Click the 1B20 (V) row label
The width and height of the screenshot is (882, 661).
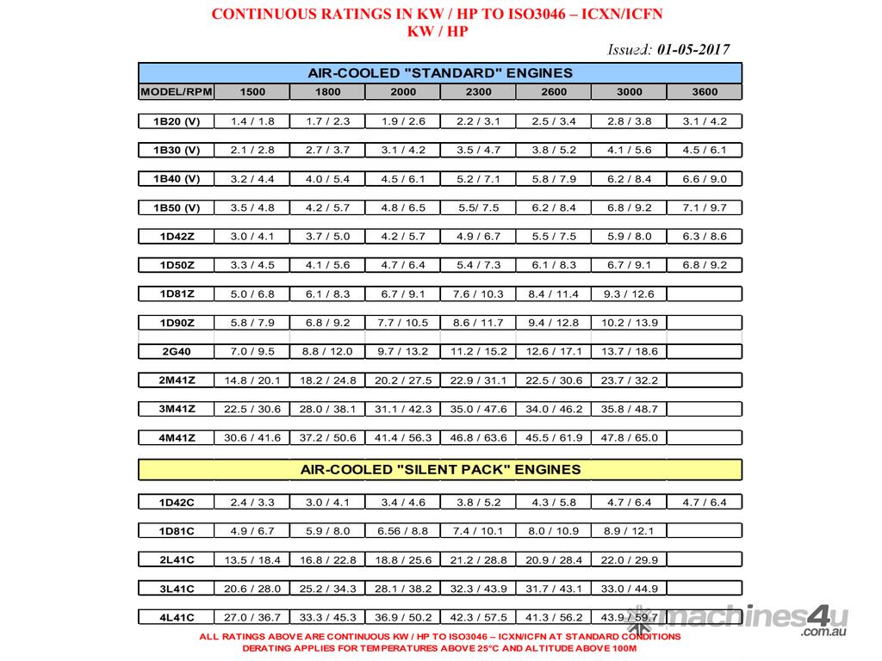click(176, 121)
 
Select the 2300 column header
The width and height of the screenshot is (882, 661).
click(478, 92)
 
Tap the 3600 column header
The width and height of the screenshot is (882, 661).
click(704, 92)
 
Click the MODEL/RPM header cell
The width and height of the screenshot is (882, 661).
click(176, 92)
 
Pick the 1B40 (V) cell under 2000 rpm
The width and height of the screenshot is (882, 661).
click(402, 179)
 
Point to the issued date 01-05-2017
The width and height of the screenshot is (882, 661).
click(693, 49)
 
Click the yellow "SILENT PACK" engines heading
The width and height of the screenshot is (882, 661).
click(440, 470)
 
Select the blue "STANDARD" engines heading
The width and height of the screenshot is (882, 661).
click(440, 73)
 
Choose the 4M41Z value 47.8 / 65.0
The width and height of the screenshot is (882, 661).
click(628, 437)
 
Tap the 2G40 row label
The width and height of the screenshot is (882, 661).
click(176, 351)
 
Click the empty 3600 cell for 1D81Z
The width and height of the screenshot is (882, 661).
click(704, 294)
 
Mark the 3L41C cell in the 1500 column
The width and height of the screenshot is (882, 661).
click(252, 589)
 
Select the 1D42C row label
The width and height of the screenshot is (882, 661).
click(176, 502)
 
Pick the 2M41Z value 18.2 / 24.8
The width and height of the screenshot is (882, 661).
click(327, 380)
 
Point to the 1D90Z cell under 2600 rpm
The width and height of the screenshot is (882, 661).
click(553, 323)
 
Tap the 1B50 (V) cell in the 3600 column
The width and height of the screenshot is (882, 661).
click(704, 207)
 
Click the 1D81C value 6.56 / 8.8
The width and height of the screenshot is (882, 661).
click(402, 531)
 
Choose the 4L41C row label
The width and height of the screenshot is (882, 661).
click(176, 617)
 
